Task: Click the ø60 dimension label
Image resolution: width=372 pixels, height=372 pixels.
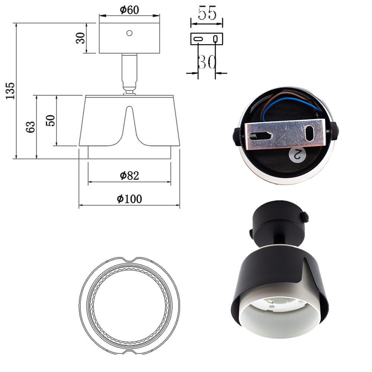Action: (129, 10)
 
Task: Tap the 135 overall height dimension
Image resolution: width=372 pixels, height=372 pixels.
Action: (10, 91)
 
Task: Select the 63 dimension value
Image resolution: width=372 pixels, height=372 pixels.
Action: (31, 127)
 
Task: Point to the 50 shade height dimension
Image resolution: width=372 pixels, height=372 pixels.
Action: (50, 120)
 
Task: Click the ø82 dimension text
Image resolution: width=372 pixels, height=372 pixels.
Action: (129, 176)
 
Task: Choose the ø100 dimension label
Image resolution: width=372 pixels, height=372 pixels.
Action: (129, 199)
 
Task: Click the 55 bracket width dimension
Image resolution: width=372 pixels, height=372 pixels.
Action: (207, 13)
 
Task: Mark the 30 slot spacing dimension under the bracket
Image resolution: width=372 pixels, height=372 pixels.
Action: (206, 62)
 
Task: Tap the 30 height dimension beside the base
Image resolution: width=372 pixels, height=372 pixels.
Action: (80, 38)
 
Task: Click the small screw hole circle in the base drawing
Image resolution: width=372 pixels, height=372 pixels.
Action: (129, 33)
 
